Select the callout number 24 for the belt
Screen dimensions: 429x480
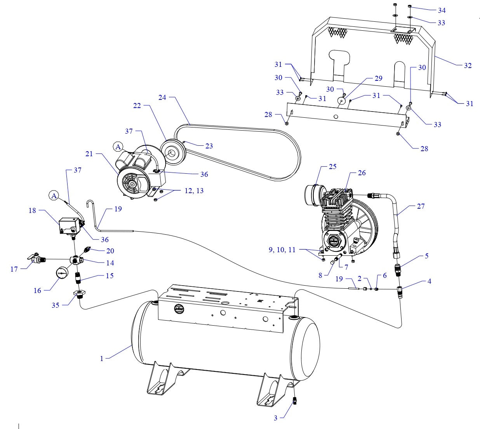coord(162,98)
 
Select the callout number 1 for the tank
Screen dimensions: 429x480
coord(102,359)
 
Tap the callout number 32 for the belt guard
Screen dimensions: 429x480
coord(468,65)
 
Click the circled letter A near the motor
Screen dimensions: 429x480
coord(118,146)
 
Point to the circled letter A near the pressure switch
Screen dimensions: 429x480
coord(54,196)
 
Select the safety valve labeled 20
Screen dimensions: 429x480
coord(87,249)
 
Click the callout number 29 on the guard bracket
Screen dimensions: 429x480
coord(378,78)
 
